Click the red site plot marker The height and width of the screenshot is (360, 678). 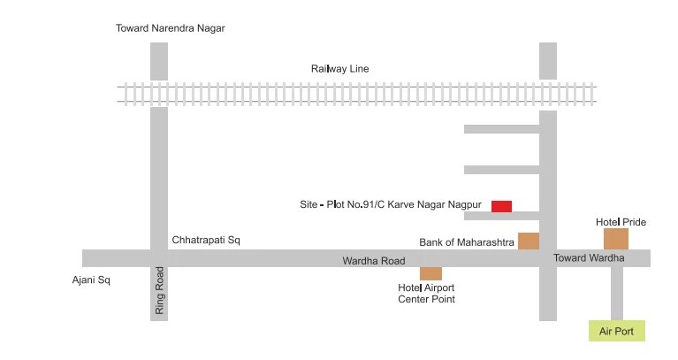point(501,206)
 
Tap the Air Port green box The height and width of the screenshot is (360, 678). point(617,331)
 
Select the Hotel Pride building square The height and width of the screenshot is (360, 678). point(615,239)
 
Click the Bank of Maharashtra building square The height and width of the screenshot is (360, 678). point(529,241)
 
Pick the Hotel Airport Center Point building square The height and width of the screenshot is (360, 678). point(430,273)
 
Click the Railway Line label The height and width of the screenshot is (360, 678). point(339,68)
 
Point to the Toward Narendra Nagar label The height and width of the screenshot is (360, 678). point(171,28)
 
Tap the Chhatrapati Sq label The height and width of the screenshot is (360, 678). point(206,240)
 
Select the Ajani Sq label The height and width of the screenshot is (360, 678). point(91,280)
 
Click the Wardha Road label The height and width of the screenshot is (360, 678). point(374,261)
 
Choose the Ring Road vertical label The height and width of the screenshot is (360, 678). point(160,291)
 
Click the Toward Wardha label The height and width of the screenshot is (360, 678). point(589,257)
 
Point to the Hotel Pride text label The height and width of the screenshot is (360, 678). point(621,221)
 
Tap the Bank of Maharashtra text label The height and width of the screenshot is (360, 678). point(466,241)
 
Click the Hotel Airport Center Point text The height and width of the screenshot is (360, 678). point(426,293)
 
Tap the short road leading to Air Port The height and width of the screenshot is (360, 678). point(617,292)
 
